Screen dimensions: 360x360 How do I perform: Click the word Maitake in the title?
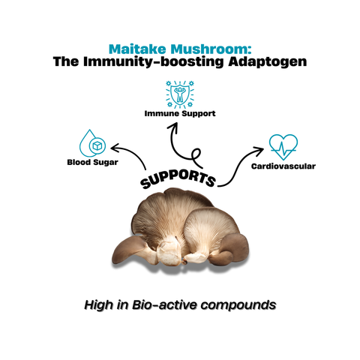pos(136,46)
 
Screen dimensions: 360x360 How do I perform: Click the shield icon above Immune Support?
pos(180,94)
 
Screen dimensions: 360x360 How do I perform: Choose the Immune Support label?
pos(180,114)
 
